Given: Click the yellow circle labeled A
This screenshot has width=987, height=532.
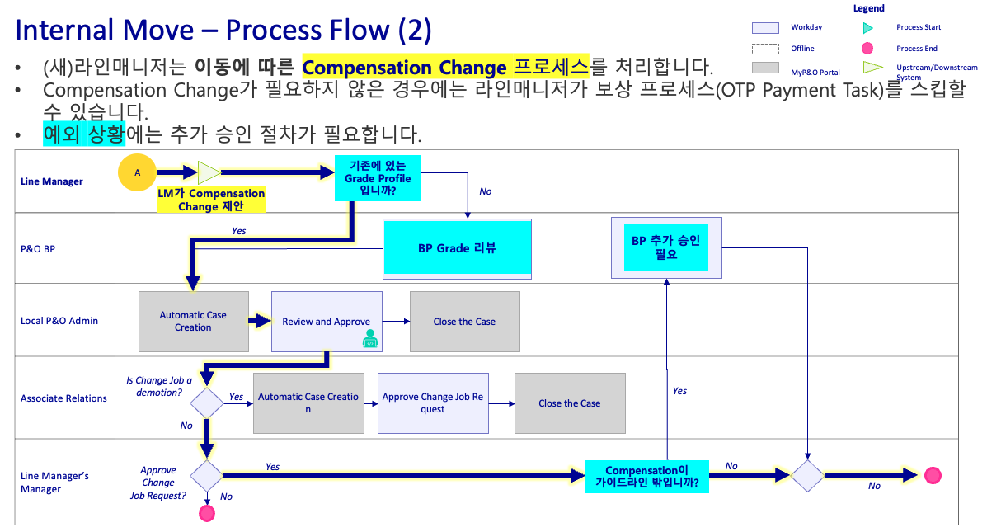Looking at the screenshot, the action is (x=137, y=172).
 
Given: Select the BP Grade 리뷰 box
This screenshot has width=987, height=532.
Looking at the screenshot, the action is (x=457, y=249).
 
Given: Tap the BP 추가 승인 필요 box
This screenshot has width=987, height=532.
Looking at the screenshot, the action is (x=666, y=247).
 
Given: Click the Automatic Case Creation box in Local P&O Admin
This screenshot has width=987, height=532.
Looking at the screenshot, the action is (x=193, y=321).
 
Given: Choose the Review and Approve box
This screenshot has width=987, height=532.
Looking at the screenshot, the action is (x=326, y=321).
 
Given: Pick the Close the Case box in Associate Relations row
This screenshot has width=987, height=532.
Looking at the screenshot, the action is (x=570, y=403).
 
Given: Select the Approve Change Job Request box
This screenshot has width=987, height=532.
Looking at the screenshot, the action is (x=433, y=403).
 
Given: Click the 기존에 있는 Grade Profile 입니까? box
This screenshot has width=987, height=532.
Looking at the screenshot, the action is (x=378, y=178).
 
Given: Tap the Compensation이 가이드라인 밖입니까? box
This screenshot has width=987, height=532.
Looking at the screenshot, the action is (x=646, y=477).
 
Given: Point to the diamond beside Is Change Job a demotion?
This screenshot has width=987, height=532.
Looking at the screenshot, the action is (x=206, y=403).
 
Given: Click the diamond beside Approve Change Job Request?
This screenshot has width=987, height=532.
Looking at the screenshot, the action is (x=206, y=475).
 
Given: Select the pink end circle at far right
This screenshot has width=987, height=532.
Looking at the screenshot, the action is (x=933, y=475).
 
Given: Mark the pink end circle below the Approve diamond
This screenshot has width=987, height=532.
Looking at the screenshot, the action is (x=206, y=514).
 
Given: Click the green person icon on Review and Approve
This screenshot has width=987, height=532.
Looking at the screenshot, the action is (x=370, y=339).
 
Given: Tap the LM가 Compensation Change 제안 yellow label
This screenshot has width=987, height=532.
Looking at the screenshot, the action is (x=211, y=200).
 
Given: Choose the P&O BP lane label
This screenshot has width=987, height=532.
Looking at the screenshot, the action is (x=38, y=249).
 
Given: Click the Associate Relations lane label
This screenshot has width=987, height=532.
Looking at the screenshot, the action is (x=63, y=398).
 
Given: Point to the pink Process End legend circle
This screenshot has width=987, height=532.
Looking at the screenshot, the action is (x=867, y=49).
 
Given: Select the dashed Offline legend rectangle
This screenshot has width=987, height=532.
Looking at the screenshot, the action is (x=765, y=49).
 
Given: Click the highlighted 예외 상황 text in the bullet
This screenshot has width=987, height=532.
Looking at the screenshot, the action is (x=84, y=134).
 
